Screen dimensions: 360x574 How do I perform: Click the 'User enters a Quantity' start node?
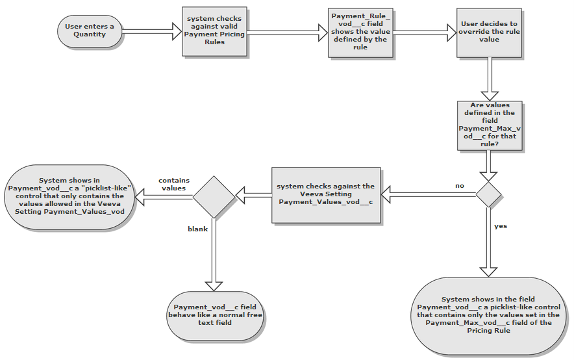click(x=90, y=30)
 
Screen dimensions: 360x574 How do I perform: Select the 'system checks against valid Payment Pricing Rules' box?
click(x=214, y=31)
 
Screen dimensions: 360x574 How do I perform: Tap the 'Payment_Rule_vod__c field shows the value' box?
click(x=360, y=31)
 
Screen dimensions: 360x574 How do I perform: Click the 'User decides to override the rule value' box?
click(x=489, y=31)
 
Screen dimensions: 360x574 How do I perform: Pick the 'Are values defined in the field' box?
click(x=490, y=125)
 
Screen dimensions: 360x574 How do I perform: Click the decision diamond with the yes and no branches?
click(x=489, y=194)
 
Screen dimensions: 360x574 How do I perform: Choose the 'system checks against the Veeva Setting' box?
click(x=325, y=194)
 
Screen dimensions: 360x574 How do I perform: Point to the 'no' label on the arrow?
click(x=460, y=186)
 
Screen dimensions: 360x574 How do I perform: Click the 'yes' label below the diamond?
click(x=501, y=226)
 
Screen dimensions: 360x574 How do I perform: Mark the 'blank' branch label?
click(x=197, y=229)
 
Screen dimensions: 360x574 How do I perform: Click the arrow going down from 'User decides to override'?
click(x=489, y=78)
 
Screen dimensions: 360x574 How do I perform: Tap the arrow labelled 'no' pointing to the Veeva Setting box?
click(x=429, y=193)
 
